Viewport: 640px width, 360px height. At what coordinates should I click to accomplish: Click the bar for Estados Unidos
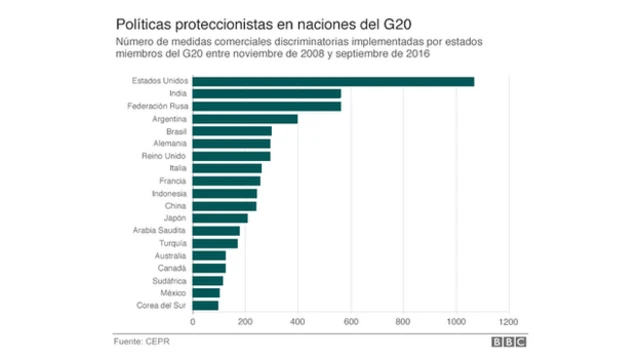(332, 81)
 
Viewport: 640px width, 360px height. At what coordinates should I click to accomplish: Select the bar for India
(266, 93)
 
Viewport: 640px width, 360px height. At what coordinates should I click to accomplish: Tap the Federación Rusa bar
(266, 106)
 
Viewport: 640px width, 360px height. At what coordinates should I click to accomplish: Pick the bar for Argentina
(244, 118)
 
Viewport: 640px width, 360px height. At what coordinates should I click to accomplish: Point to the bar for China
(224, 205)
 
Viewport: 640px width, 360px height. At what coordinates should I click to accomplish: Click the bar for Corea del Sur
(205, 305)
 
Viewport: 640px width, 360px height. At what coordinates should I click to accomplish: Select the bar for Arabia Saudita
(215, 230)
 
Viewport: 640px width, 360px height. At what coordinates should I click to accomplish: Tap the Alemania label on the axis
(169, 143)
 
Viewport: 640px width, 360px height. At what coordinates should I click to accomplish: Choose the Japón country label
(173, 218)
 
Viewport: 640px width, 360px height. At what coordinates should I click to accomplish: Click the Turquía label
(171, 243)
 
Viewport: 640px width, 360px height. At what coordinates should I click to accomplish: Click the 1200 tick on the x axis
(509, 322)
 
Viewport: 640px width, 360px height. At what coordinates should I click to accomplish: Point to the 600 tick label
(350, 322)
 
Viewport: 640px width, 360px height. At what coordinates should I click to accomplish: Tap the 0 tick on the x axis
(192, 322)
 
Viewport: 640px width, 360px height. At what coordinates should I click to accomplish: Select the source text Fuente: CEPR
(142, 340)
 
